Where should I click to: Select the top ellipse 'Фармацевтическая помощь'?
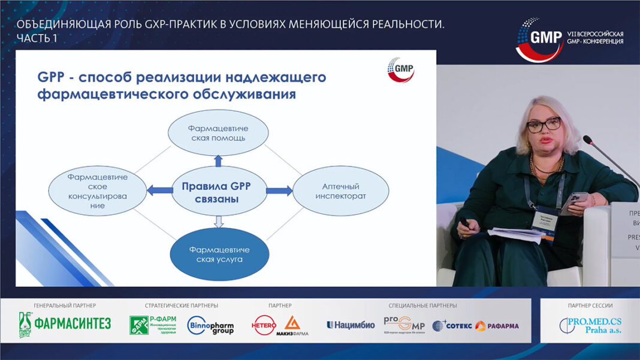(x=218, y=133)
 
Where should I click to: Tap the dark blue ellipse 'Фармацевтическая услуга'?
(x=218, y=255)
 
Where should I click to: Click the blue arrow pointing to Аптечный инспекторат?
(x=279, y=191)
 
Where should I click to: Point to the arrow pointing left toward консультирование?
(x=159, y=191)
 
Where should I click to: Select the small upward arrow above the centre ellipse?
(x=218, y=160)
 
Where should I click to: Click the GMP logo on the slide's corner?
(x=401, y=69)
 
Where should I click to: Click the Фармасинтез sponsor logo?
(x=65, y=325)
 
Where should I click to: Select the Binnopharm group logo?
(x=210, y=325)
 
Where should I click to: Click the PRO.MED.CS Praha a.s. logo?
(x=590, y=325)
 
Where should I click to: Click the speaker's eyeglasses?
(x=544, y=125)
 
